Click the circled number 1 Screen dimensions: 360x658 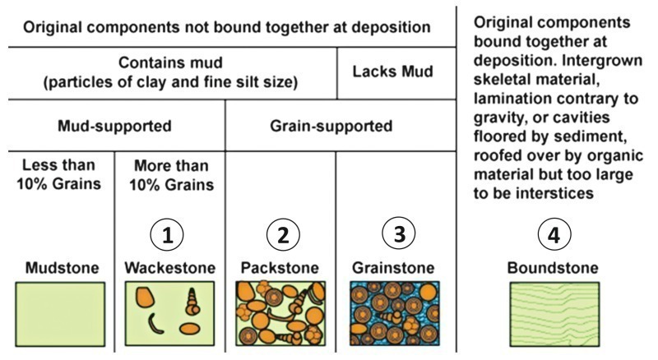169,234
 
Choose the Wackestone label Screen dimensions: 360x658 169,269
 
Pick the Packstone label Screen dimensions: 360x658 280,269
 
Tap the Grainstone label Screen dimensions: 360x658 393,269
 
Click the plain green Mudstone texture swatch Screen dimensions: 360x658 60,311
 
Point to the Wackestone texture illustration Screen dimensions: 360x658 169,311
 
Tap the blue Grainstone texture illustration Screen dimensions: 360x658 392,311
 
